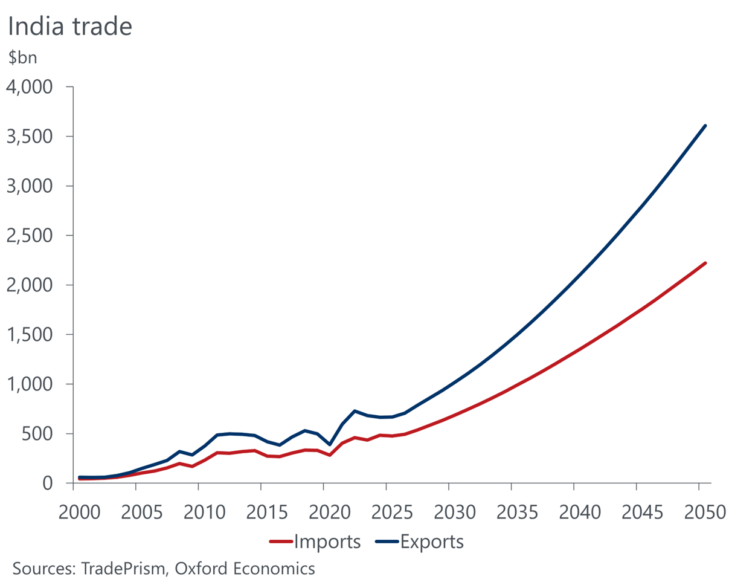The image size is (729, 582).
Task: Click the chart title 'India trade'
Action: tap(69, 27)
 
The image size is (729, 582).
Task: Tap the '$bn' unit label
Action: tap(23, 60)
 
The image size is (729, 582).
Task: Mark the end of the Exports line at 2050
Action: tap(705, 126)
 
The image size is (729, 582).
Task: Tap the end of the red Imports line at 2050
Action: tap(705, 263)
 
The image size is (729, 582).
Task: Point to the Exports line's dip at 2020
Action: tap(330, 444)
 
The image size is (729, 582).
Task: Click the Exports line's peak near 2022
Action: tap(355, 411)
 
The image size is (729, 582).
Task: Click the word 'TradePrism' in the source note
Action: tap(124, 569)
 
